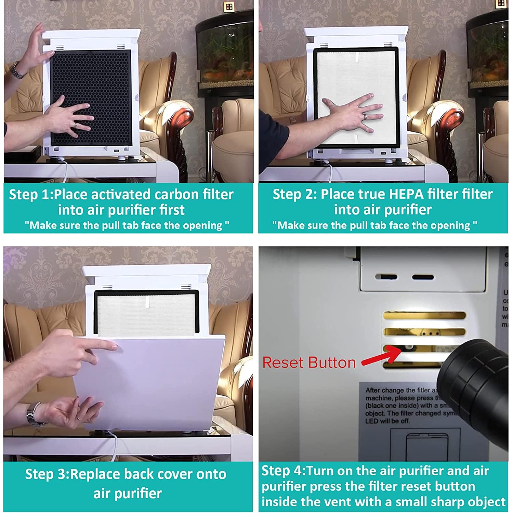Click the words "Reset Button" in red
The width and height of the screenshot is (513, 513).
click(x=309, y=363)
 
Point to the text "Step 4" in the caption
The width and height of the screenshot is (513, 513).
click(x=282, y=471)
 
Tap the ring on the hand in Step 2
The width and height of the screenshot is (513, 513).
click(x=366, y=117)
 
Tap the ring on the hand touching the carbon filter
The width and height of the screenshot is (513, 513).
click(x=75, y=125)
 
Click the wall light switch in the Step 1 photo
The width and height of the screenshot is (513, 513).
click(x=229, y=7)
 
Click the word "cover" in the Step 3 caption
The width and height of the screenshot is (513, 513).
click(x=170, y=474)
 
